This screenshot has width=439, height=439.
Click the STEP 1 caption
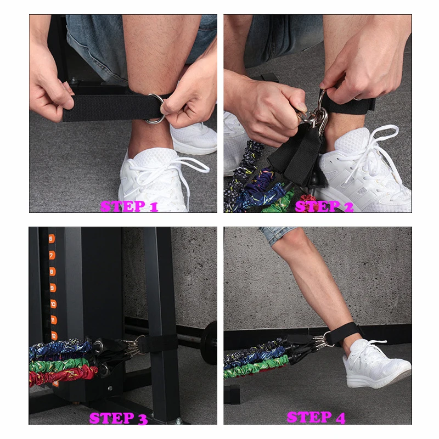130,206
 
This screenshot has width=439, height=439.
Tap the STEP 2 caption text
324,206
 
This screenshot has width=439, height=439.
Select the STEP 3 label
119,418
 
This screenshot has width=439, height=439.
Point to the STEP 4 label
316,417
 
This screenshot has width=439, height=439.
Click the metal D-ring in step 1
155,110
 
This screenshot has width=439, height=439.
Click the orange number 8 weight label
52,271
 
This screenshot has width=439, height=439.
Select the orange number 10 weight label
53,303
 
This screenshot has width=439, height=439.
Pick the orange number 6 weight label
51,239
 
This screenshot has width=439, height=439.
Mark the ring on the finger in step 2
358,98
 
